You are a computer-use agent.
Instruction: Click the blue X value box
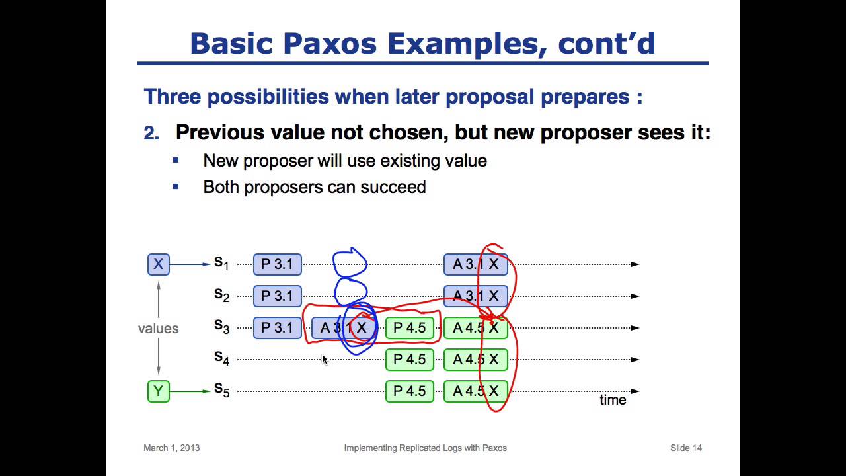click(158, 264)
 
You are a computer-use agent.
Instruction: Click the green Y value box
click(158, 391)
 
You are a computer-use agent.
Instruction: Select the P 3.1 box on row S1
click(277, 264)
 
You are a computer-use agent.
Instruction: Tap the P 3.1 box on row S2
click(277, 296)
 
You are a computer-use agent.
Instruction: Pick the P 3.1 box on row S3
click(277, 328)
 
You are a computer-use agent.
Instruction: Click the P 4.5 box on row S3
click(410, 328)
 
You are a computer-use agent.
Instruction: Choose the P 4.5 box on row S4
click(410, 360)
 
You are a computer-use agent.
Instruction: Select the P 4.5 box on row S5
click(410, 391)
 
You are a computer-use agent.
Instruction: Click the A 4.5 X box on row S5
click(475, 391)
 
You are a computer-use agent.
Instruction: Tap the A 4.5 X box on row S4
click(475, 360)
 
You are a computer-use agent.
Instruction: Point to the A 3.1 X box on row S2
click(475, 296)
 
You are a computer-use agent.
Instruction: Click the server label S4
click(221, 358)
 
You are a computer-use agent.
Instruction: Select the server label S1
click(221, 263)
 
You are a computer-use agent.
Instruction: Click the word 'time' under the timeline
click(613, 400)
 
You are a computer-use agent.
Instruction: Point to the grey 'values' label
click(158, 329)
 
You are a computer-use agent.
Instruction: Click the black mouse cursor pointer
click(325, 359)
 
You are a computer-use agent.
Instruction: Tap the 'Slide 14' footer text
click(685, 448)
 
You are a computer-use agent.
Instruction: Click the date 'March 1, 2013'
click(171, 448)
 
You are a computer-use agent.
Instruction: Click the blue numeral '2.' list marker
click(151, 133)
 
